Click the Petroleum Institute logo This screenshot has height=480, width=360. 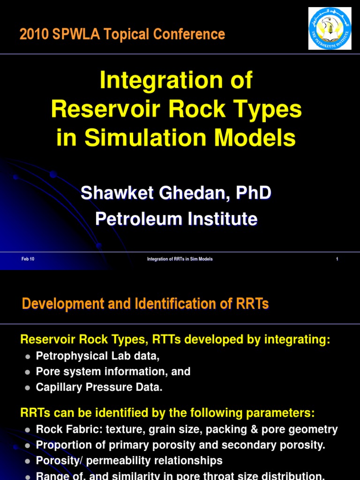(330, 28)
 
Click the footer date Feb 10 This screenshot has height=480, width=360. (28, 259)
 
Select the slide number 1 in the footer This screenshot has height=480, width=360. (337, 259)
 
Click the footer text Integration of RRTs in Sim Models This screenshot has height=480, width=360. (180, 259)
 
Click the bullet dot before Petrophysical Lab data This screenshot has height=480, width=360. (27, 357)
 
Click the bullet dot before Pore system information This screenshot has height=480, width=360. (27, 372)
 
